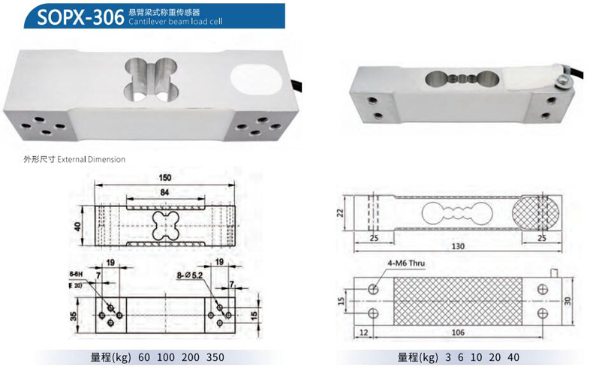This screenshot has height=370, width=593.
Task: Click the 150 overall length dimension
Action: [x=165, y=178]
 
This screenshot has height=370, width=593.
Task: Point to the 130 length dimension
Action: [x=457, y=246]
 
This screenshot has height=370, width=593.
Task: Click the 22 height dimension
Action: [x=339, y=214]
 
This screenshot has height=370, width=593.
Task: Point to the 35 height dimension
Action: [x=74, y=315]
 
